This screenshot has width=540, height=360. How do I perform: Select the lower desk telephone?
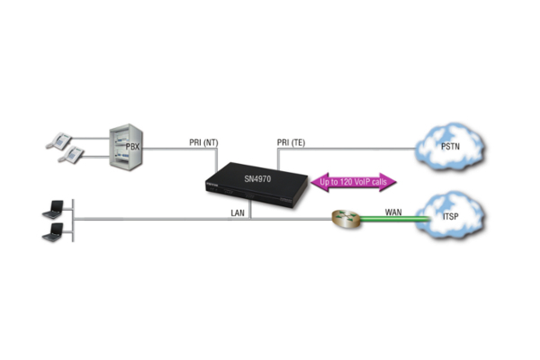point(68,155)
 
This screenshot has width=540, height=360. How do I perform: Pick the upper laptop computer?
point(55,212)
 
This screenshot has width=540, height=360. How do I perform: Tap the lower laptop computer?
point(55,234)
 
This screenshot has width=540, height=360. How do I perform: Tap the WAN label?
point(393,212)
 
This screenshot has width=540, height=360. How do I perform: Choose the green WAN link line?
point(387,220)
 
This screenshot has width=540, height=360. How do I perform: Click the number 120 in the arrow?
point(346,183)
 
